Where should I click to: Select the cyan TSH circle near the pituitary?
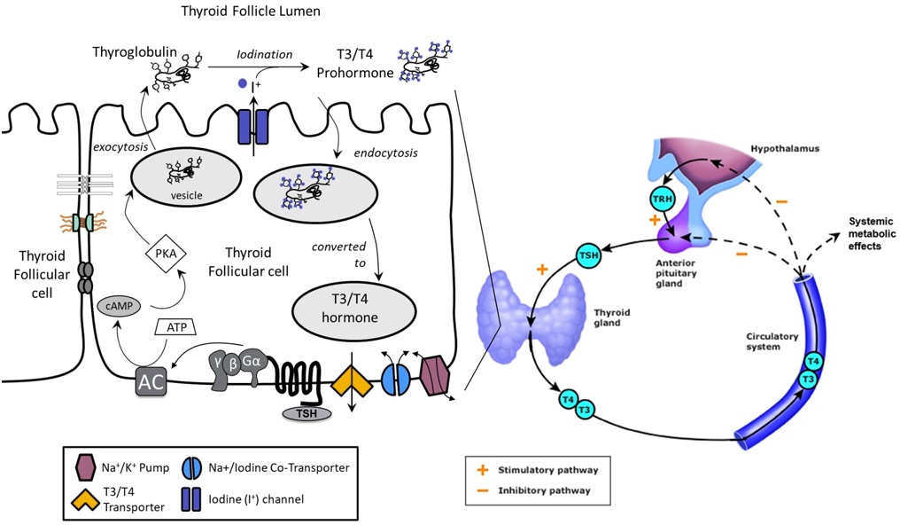point(587,256)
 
